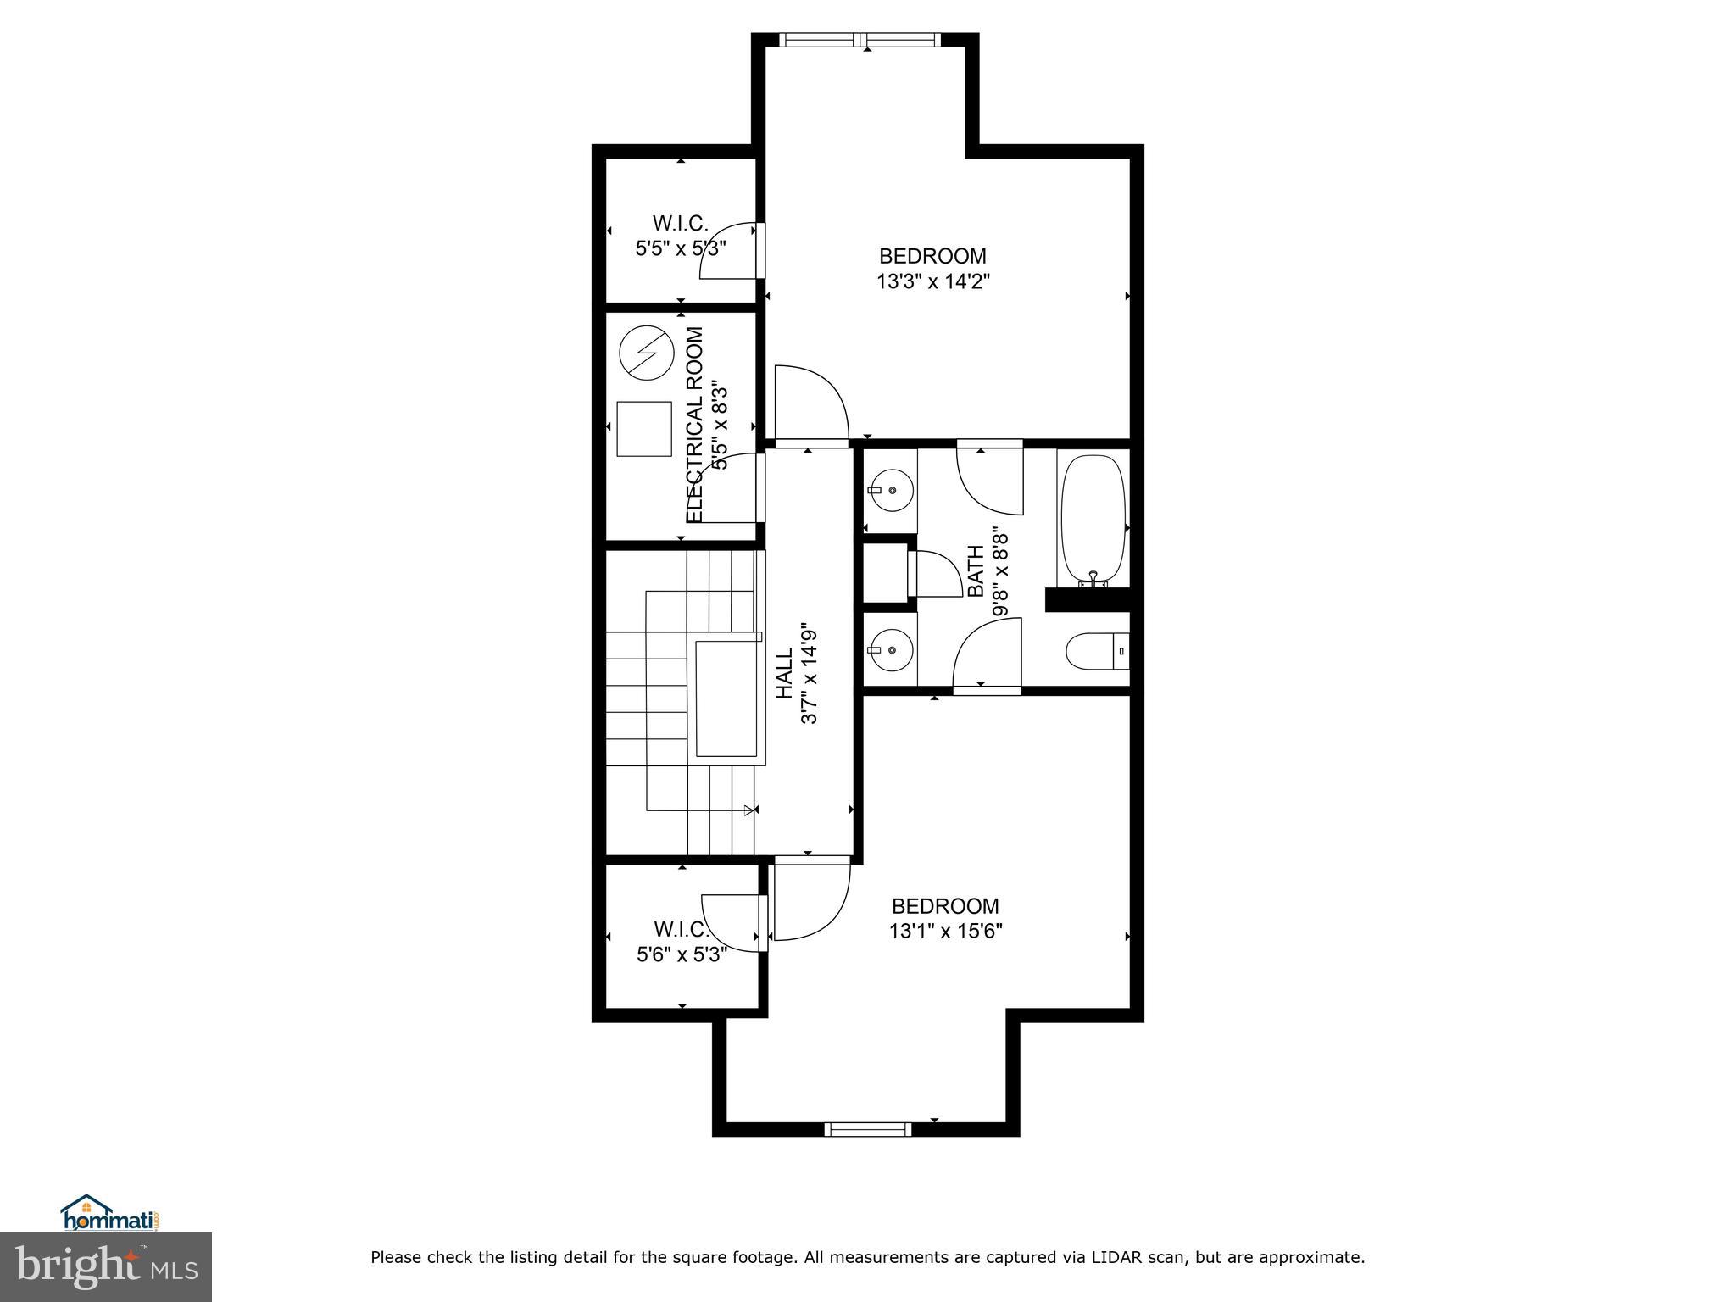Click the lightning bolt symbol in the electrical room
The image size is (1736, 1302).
pyautogui.click(x=644, y=353)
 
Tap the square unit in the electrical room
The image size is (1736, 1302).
pyautogui.click(x=643, y=429)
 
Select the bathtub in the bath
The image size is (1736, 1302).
pyautogui.click(x=1093, y=518)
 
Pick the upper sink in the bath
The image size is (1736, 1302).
pyautogui.click(x=891, y=490)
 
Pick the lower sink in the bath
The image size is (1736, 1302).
pyautogui.click(x=891, y=650)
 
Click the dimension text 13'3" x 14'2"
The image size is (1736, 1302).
pyautogui.click(x=932, y=281)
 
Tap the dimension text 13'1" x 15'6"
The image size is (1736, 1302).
pyautogui.click(x=945, y=932)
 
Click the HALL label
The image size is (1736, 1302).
pyautogui.click(x=785, y=674)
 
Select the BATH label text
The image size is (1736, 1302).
pyautogui.click(x=976, y=570)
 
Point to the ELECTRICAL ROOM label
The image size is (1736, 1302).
pyautogui.click(x=695, y=425)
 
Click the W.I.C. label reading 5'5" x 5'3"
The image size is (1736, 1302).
pyautogui.click(x=681, y=236)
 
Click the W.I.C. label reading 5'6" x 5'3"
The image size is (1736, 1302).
pyautogui.click(x=682, y=942)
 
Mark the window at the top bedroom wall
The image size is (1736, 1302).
pyautogui.click(x=860, y=39)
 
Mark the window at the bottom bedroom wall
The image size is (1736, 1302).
pyautogui.click(x=867, y=1129)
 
